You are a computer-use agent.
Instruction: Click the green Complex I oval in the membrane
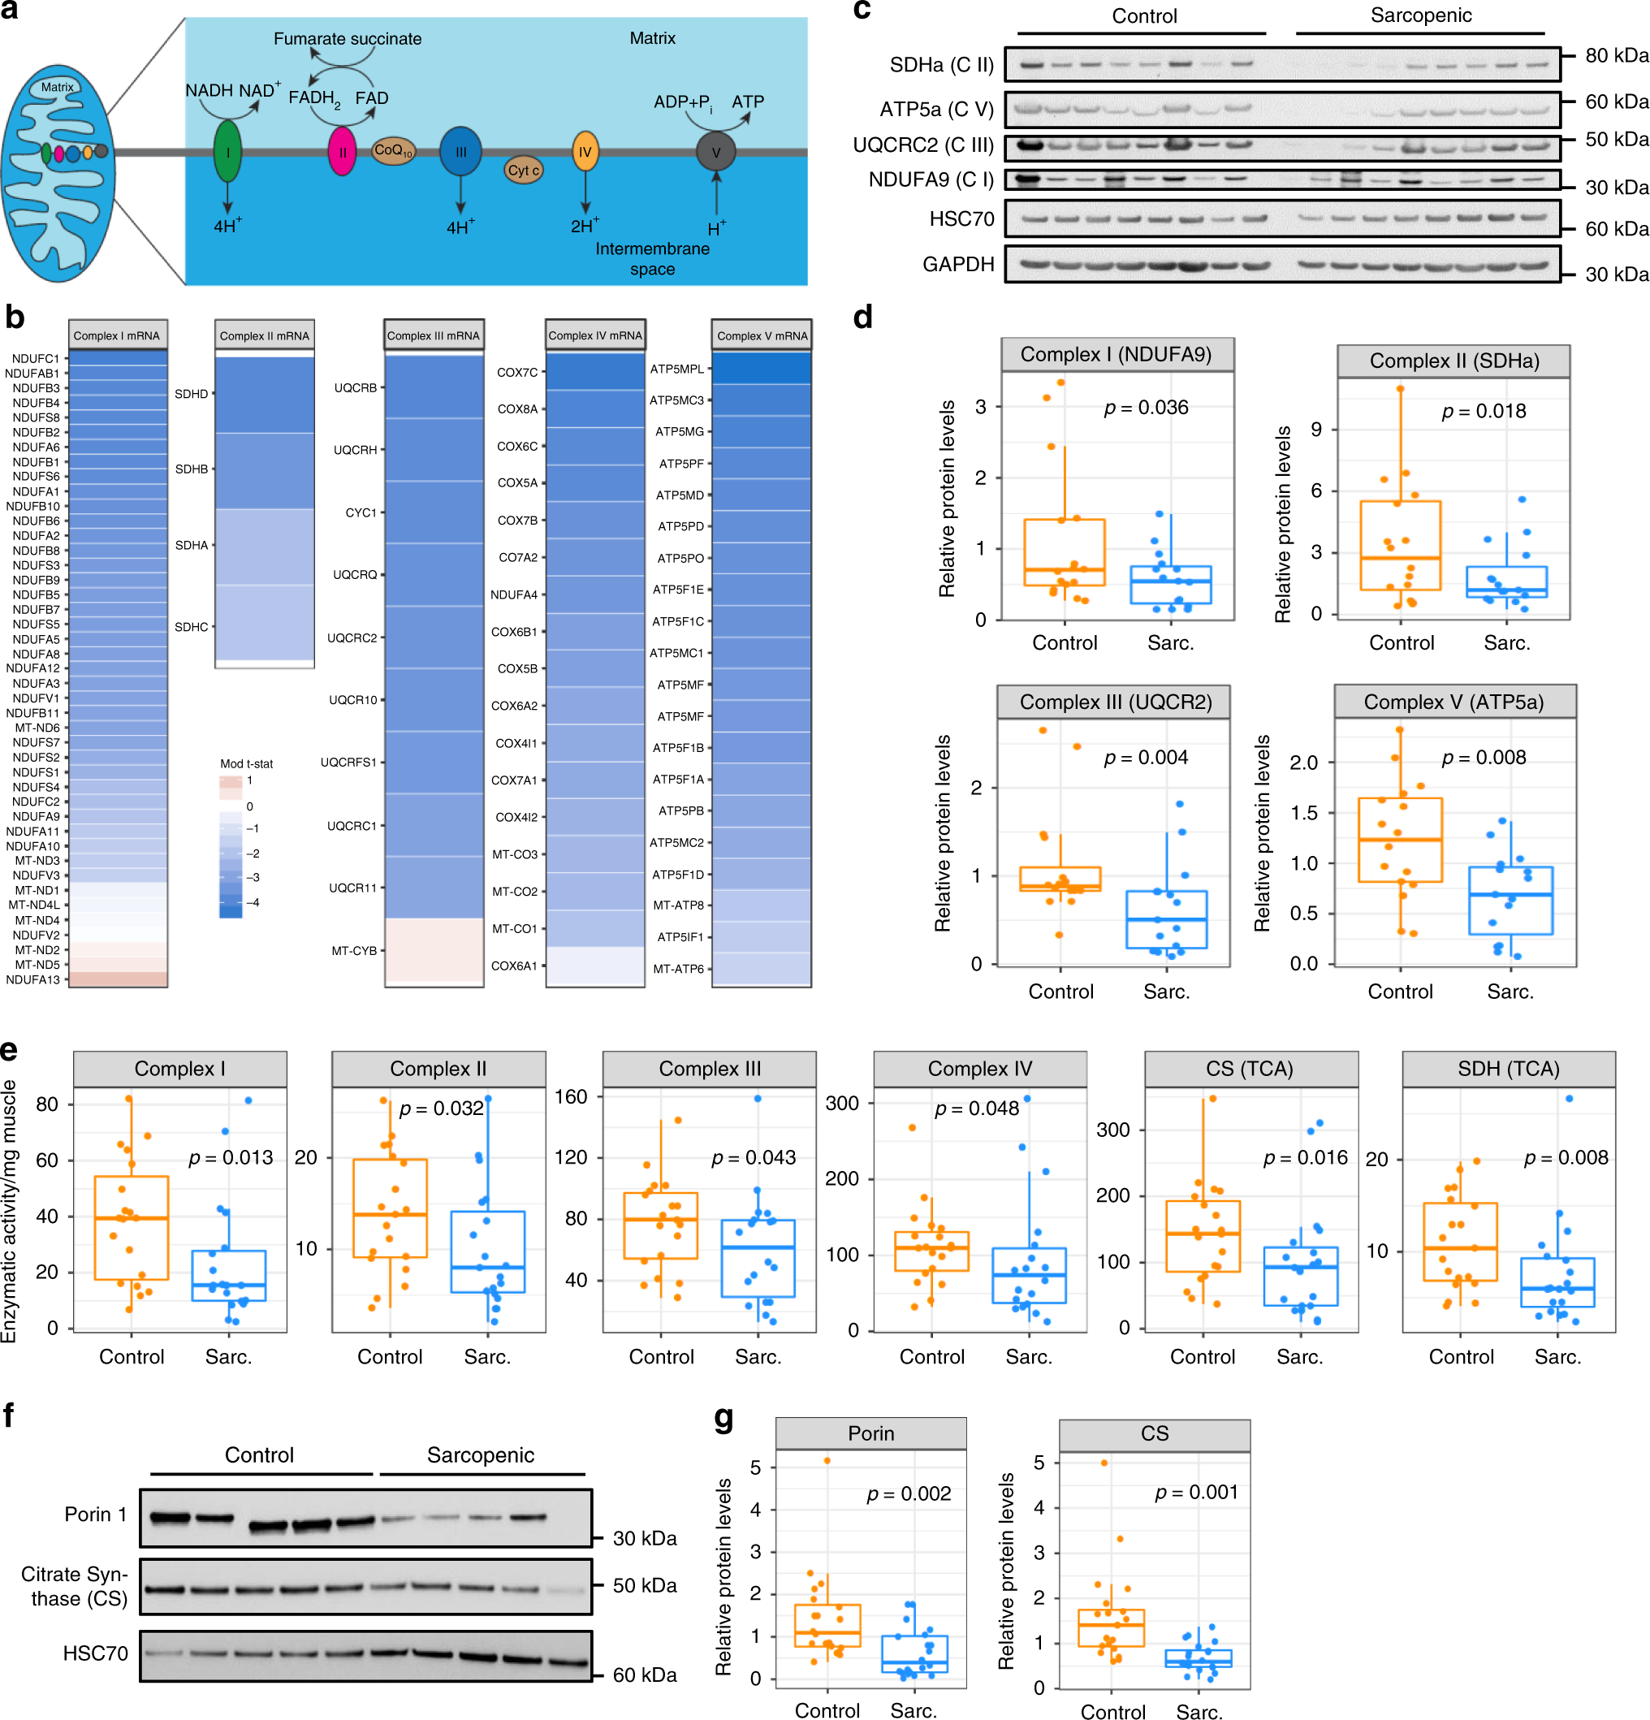227,152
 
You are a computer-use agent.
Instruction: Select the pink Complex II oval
343,152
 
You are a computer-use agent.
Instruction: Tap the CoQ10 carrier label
392,150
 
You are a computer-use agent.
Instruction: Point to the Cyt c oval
523,171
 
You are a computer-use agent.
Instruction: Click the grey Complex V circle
715,152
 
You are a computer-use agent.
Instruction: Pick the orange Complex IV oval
585,151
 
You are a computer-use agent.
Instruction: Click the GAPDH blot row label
957,264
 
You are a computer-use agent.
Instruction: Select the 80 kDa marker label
1616,55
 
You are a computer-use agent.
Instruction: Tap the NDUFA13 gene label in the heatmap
33,979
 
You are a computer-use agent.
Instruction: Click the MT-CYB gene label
354,950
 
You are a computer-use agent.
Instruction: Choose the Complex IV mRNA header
595,335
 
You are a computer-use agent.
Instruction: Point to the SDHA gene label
192,545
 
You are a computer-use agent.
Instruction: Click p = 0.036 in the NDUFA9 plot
1146,407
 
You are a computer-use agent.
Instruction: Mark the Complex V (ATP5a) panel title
1453,702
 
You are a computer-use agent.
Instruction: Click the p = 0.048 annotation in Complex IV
977,1108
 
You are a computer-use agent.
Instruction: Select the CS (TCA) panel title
1250,1068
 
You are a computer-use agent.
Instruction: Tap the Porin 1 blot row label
96,1514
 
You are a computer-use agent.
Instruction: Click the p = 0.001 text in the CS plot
1196,1492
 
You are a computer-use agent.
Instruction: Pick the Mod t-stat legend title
246,763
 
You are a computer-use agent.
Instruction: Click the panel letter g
724,1417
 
